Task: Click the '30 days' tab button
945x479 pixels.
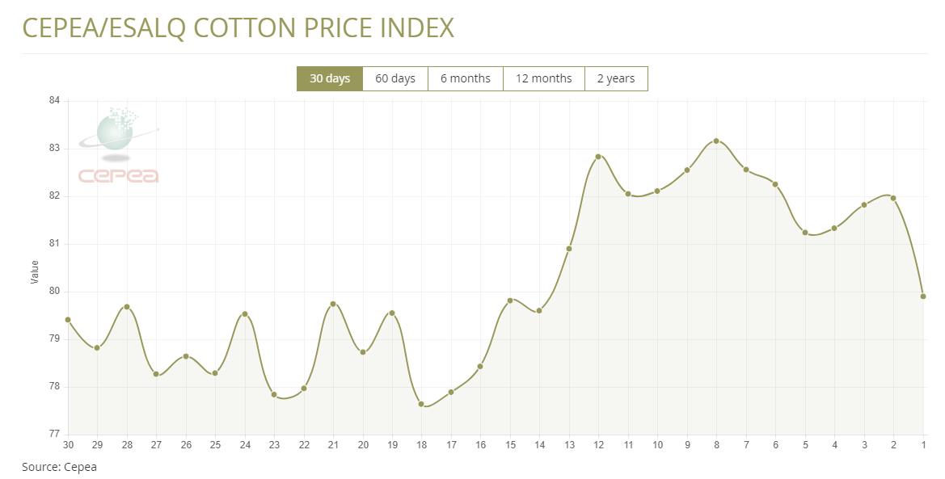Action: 330,78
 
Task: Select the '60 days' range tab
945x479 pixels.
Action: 395,78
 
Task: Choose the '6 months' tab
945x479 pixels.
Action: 466,78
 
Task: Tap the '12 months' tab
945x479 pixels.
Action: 543,78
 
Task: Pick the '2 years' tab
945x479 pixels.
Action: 616,78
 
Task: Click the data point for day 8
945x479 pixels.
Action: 716,141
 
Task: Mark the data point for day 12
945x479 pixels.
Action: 598,157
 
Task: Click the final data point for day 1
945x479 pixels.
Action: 923,296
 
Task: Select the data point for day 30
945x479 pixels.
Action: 68,320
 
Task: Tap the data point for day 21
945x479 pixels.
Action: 333,304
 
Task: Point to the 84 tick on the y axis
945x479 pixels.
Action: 54,100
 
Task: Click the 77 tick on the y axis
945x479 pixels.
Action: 54,434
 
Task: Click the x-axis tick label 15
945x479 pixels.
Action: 510,445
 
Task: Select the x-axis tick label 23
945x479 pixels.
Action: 274,445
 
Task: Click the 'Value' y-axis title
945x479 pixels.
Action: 35,271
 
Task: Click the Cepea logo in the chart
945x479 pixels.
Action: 118,145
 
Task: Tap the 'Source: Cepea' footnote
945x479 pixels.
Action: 59,467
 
